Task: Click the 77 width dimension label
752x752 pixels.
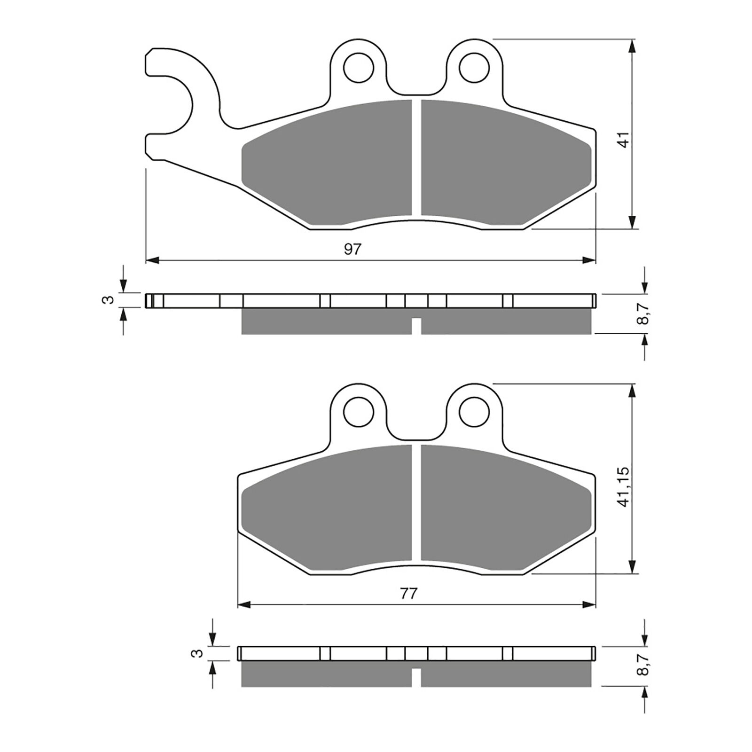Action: (x=409, y=594)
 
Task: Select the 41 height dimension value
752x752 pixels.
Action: (x=624, y=140)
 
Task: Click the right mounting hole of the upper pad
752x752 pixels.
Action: (x=473, y=68)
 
